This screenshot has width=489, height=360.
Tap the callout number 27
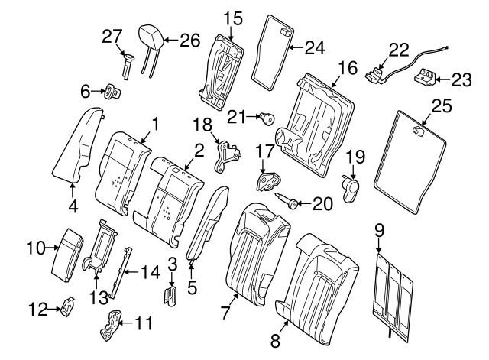tap(112, 37)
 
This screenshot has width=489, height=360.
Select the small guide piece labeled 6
tap(115, 92)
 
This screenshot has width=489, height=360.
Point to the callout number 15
tap(232, 17)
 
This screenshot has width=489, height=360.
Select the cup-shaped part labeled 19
tap(352, 187)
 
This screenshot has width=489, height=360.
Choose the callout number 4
tap(73, 205)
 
